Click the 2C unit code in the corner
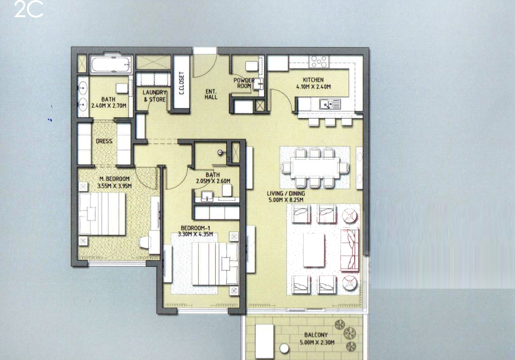point(29,9)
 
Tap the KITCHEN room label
point(313,80)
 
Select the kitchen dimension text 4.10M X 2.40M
point(314,87)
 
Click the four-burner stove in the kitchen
point(319,61)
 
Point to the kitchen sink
point(329,104)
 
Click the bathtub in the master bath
point(111,65)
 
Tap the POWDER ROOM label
point(244,83)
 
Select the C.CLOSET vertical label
point(181,83)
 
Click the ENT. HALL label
point(211,94)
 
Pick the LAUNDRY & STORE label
point(154,96)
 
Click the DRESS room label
point(104,141)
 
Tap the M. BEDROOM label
point(114,179)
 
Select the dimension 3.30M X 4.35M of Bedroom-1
point(195,234)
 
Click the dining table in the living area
point(315,168)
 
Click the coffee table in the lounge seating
point(314,250)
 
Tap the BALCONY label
point(316,335)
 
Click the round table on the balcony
point(284,348)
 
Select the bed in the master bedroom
point(102,213)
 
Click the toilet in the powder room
point(252,66)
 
